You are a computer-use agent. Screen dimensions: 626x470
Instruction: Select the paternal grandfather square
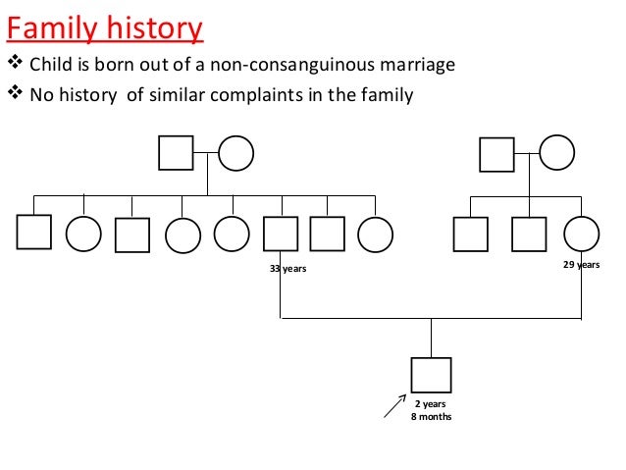tap(176, 153)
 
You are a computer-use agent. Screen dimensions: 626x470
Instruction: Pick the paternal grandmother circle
tap(235, 153)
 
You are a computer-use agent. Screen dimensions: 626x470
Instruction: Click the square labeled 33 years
tap(282, 234)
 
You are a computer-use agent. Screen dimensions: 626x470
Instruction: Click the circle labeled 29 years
tap(582, 234)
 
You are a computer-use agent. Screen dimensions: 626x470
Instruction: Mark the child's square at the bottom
tap(432, 376)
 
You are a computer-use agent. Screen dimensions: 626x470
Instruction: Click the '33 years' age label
tap(287, 269)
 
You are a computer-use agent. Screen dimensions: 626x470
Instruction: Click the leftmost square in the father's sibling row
tap(33, 233)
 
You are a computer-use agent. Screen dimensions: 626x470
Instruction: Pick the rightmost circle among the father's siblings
tap(375, 234)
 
